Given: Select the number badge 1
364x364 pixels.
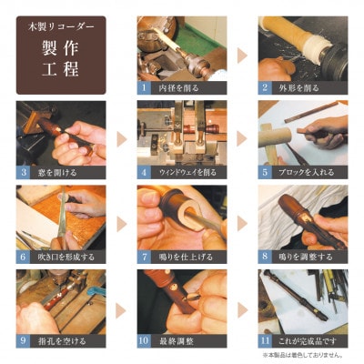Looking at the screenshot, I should point(144,88).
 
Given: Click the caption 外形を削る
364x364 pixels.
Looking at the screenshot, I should point(298,88).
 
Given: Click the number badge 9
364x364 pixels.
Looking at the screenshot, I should point(23,342).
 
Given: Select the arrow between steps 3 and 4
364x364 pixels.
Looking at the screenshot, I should point(120,139).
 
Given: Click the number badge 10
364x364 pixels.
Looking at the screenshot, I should point(144,342).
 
